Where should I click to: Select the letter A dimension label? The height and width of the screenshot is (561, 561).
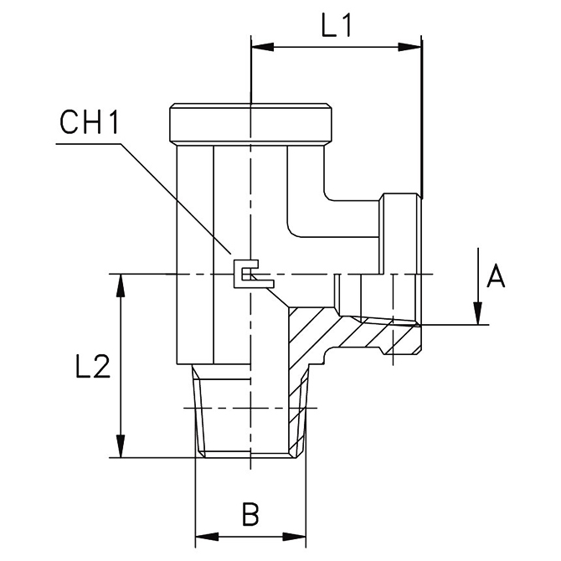497,275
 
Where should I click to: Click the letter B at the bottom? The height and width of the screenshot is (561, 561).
250,513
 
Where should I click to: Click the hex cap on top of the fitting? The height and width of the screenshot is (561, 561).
251,124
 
